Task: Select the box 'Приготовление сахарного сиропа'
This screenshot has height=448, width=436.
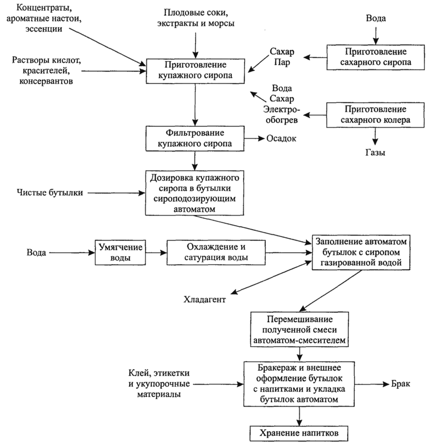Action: pyautogui.click(x=375, y=56)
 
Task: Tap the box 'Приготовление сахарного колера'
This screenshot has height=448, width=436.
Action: pyautogui.click(x=375, y=115)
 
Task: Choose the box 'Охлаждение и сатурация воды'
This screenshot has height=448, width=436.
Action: pyautogui.click(x=216, y=252)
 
